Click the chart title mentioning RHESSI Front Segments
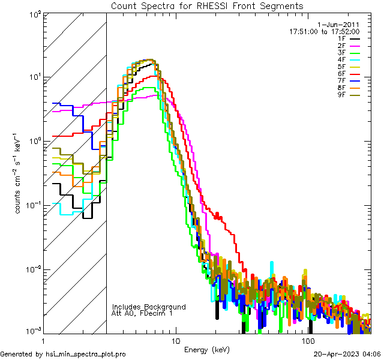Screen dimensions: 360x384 pos(207,5)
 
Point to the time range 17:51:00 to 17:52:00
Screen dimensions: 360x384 pos(325,31)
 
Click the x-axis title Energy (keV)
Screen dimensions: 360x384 pos(206,350)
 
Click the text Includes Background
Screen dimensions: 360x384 pos(149,307)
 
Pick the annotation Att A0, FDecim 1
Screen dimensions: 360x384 pos(142,313)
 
